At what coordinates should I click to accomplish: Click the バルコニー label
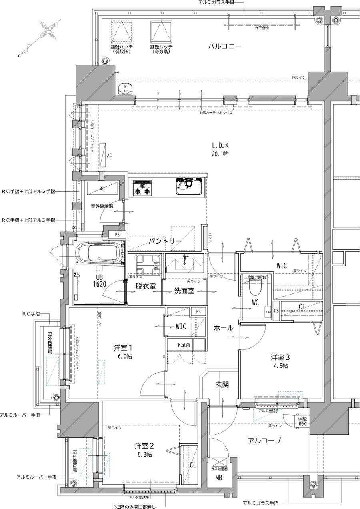point(224,46)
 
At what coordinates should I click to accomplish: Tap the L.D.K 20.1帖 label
point(221,149)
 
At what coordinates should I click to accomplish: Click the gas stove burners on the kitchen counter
point(143,187)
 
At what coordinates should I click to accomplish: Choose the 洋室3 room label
point(280,361)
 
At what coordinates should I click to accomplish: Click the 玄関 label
point(222,385)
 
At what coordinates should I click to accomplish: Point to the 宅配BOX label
point(302,421)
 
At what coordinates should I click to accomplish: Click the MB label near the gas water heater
point(219,478)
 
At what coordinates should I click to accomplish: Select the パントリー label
point(166,242)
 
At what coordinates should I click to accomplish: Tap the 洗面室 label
point(184,291)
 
